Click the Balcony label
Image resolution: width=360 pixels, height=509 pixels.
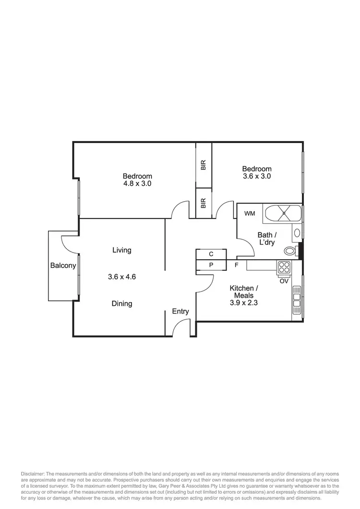click(x=63, y=266)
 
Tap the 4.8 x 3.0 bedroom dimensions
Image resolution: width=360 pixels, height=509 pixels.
click(x=137, y=183)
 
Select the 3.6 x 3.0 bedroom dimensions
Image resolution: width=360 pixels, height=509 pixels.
click(x=256, y=176)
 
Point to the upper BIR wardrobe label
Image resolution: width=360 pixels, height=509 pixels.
click(x=204, y=166)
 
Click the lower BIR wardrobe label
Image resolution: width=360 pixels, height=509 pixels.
click(x=204, y=204)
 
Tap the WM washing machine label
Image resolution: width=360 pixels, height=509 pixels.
click(x=250, y=213)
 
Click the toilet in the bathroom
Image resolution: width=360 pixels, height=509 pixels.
click(x=290, y=250)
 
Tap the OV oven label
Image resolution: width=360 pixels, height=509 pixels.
click(x=284, y=281)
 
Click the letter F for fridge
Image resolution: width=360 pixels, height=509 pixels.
click(x=237, y=265)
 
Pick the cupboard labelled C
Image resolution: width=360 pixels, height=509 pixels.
click(x=211, y=254)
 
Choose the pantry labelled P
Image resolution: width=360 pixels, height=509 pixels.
click(x=211, y=265)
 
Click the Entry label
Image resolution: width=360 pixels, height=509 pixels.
click(x=180, y=311)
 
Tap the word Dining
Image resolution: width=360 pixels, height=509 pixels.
click(x=122, y=303)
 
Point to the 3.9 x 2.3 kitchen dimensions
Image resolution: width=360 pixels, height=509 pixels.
click(x=244, y=303)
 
